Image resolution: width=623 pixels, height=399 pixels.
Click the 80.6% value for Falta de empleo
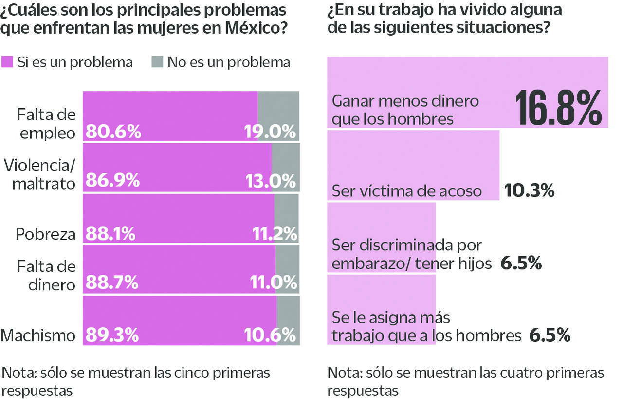click(x=113, y=132)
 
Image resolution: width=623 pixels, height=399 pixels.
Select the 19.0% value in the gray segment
click(x=269, y=132)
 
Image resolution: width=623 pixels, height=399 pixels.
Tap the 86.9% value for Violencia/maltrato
click(x=113, y=181)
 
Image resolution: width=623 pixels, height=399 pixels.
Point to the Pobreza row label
click(x=46, y=234)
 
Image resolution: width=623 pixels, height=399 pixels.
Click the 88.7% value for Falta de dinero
click(x=112, y=282)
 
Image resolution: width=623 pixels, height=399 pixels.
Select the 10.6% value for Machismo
click(x=269, y=335)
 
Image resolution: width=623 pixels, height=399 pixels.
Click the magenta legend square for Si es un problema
click(x=7, y=62)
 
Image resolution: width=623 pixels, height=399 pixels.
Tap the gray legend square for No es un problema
click(x=157, y=62)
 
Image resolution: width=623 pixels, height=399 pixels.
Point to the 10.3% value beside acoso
click(x=530, y=190)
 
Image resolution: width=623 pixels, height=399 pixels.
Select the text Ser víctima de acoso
click(x=407, y=191)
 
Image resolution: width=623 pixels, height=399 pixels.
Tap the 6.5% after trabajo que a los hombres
click(x=549, y=335)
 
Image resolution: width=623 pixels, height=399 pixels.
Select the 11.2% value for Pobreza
click(x=275, y=234)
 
